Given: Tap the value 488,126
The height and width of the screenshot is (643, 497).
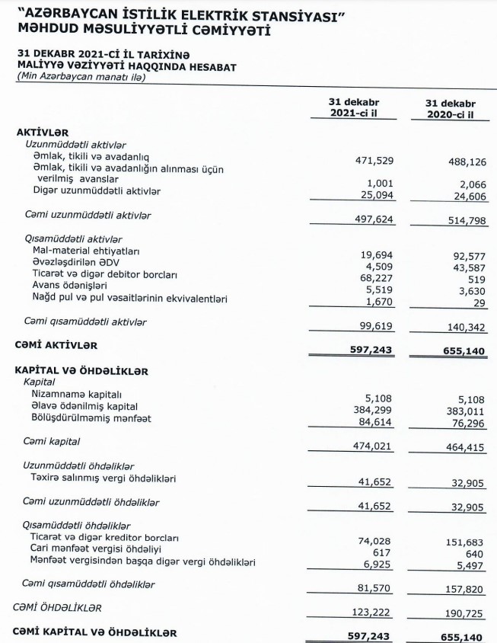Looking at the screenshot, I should [x=466, y=161].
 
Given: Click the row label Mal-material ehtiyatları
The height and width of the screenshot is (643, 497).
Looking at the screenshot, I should [x=86, y=251].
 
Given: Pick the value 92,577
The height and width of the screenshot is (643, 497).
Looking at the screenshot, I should [x=468, y=257].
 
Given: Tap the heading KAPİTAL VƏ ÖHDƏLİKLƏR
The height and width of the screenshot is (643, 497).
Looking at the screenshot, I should [x=81, y=371].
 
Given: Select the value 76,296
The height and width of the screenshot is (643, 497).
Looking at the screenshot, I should [x=468, y=418].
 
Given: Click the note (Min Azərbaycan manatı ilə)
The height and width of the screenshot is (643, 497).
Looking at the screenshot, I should [x=81, y=77].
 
